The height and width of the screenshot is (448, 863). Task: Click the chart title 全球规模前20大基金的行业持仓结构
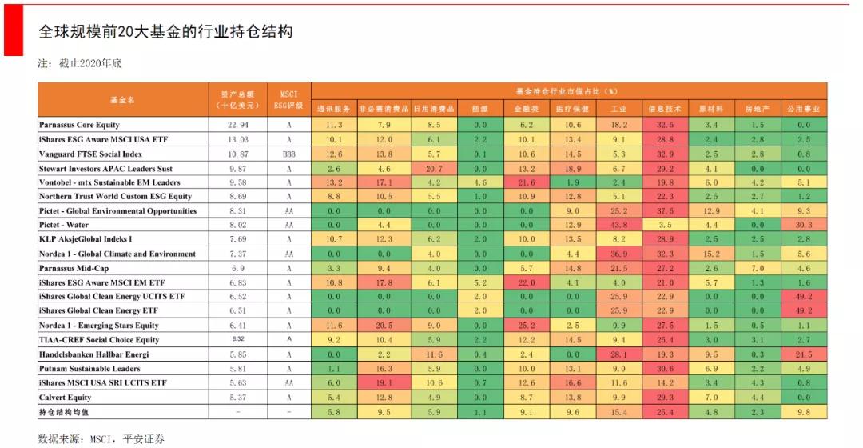click(x=165, y=32)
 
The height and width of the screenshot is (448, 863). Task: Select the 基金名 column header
click(x=122, y=100)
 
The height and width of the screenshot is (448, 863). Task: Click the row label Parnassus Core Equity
click(x=79, y=125)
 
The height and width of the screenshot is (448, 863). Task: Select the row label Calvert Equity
click(x=65, y=397)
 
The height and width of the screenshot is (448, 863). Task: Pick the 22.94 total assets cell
click(x=238, y=125)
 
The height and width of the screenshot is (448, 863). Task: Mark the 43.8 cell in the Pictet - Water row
click(x=618, y=226)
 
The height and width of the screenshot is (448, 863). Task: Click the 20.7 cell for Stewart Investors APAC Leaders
click(x=433, y=169)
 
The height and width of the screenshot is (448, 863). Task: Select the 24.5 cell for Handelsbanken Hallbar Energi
click(x=803, y=354)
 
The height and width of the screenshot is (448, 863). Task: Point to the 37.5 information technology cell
click(x=664, y=211)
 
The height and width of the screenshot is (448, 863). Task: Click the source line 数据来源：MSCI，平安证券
click(x=101, y=438)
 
